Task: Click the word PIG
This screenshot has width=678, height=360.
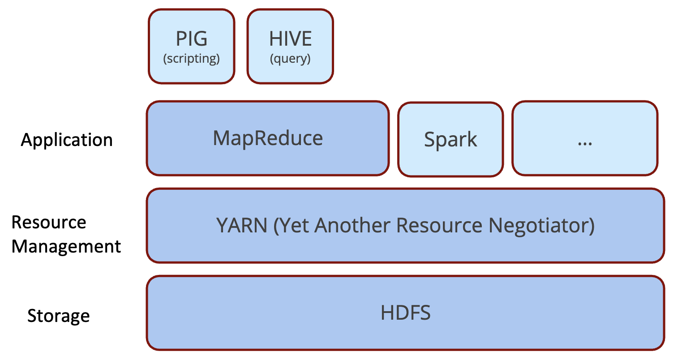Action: (192, 39)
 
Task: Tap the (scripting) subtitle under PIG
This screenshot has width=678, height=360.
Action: (192, 59)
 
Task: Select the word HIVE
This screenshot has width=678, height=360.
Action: (290, 39)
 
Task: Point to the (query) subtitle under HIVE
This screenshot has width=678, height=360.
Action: (290, 59)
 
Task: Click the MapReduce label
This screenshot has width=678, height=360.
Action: (268, 138)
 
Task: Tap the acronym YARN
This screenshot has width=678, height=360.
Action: (242, 225)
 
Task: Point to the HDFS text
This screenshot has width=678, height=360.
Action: (406, 313)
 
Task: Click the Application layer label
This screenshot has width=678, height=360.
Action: (67, 140)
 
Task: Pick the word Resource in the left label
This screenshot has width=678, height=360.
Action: (49, 222)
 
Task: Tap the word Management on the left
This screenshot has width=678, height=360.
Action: (66, 247)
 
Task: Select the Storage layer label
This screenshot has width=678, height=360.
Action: (59, 316)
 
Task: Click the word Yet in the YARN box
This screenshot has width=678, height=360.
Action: (294, 225)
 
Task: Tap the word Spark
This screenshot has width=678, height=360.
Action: (451, 140)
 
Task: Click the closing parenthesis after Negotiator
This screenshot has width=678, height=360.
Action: (592, 225)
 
